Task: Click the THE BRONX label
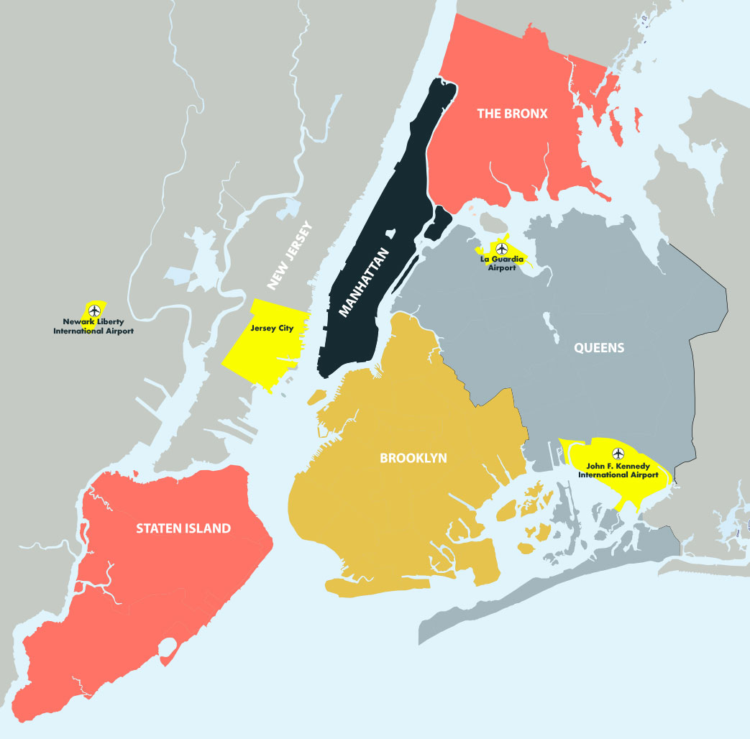coord(512,114)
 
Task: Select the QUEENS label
coord(598,348)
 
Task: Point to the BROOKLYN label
coord(413,458)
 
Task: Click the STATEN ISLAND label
coord(183,528)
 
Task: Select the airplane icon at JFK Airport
coord(618,454)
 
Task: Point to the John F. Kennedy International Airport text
coord(618,471)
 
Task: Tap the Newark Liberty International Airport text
coord(93,327)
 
